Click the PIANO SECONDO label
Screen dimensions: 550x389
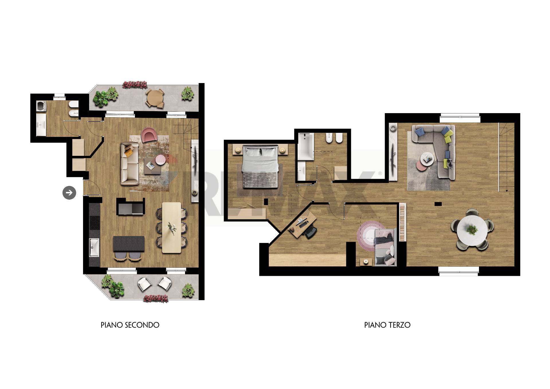click(130, 325)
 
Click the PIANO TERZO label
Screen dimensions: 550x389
click(387, 325)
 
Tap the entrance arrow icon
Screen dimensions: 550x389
click(69, 192)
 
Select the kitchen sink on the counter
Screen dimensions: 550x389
click(94, 247)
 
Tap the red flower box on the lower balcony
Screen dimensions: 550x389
click(156, 298)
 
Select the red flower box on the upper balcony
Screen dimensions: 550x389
click(135, 85)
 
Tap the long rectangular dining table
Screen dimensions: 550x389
click(172, 227)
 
